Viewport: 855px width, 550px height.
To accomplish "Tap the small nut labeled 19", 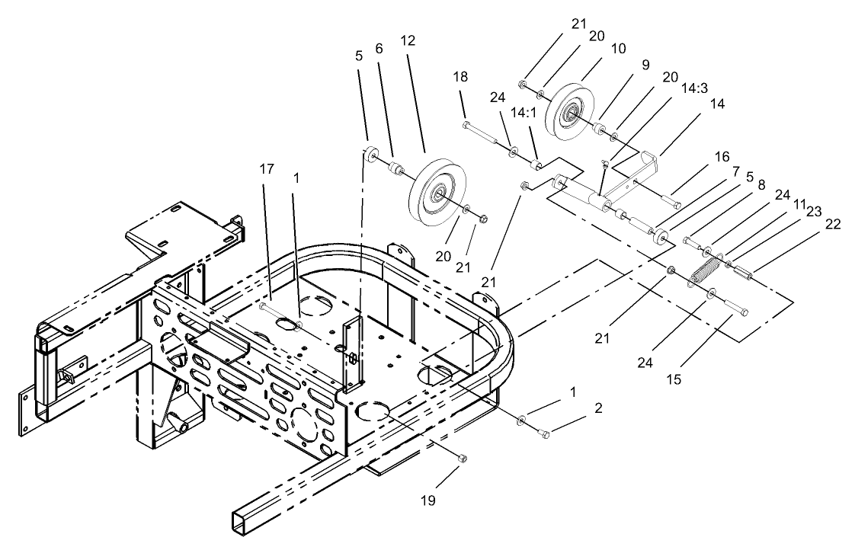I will pyautogui.click(x=463, y=458).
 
